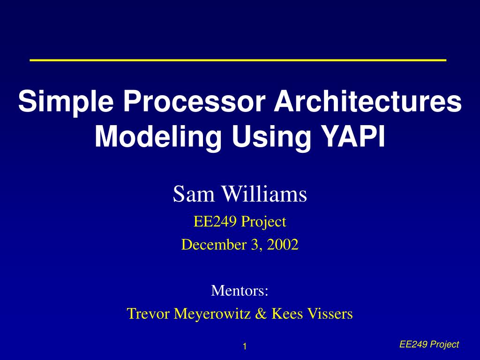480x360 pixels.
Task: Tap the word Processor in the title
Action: click(194, 101)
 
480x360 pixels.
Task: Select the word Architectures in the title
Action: click(367, 101)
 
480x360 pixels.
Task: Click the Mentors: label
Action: click(240, 290)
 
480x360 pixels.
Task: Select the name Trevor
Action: click(148, 314)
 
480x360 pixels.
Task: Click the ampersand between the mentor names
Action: click(261, 314)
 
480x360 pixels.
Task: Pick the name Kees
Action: click(287, 314)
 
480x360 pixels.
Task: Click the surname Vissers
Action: click(330, 314)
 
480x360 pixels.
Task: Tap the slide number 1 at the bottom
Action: click(245, 346)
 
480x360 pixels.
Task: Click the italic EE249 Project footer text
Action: click(429, 345)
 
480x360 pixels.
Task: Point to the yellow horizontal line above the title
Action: click(238, 60)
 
